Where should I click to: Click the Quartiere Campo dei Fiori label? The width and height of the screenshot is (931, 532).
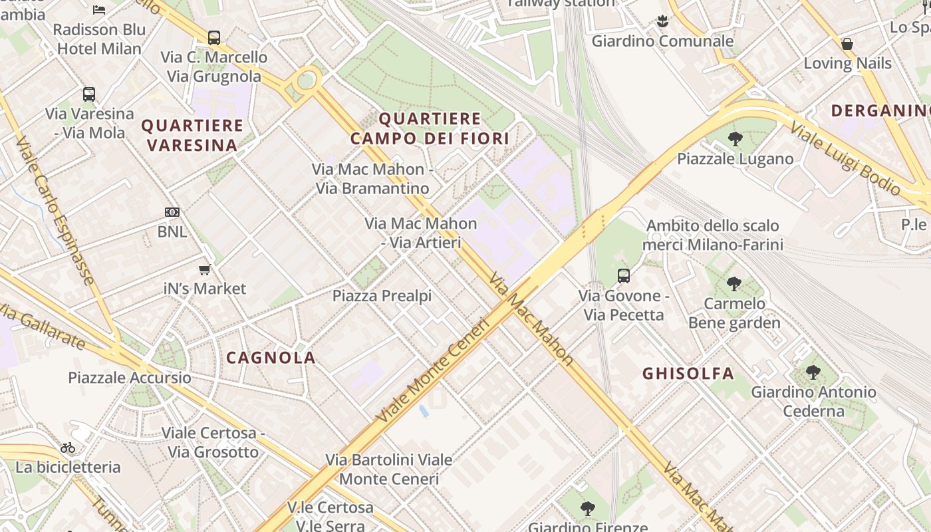[430, 129]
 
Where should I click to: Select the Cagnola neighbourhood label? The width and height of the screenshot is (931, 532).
[271, 358]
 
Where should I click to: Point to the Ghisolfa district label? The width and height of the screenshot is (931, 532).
[688, 374]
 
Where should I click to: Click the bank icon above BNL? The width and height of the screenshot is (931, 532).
[172, 212]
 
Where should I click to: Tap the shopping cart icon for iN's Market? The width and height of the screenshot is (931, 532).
[205, 269]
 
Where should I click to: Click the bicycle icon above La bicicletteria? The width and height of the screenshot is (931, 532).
[68, 448]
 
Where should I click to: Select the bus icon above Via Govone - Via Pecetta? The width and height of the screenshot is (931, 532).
[624, 275]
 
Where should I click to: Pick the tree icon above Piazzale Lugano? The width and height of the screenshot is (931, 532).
[735, 139]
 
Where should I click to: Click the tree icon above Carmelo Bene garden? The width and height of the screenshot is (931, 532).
[734, 284]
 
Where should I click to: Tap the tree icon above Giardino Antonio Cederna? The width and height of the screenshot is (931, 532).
[813, 372]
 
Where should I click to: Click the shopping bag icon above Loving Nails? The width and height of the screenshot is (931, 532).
[847, 44]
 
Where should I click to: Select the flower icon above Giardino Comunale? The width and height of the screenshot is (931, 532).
[662, 21]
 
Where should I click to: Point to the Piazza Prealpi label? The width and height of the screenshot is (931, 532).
[382, 296]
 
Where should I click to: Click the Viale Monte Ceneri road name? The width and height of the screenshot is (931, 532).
[433, 370]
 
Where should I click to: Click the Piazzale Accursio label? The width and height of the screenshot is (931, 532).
[130, 378]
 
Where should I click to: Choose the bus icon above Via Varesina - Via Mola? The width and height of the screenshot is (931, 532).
[89, 94]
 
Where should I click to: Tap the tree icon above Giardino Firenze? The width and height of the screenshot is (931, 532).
[587, 509]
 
